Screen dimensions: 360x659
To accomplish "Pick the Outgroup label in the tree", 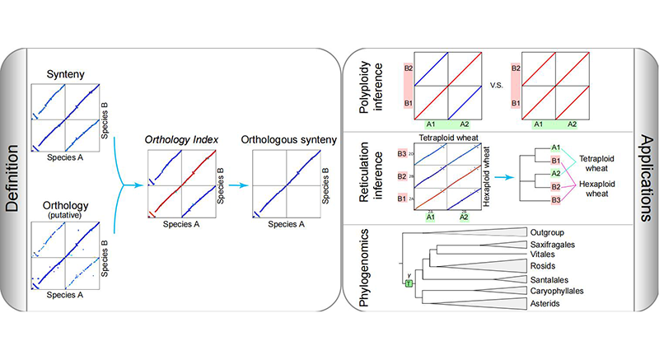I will (549, 233).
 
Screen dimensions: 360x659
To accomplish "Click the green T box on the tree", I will (407, 283).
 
